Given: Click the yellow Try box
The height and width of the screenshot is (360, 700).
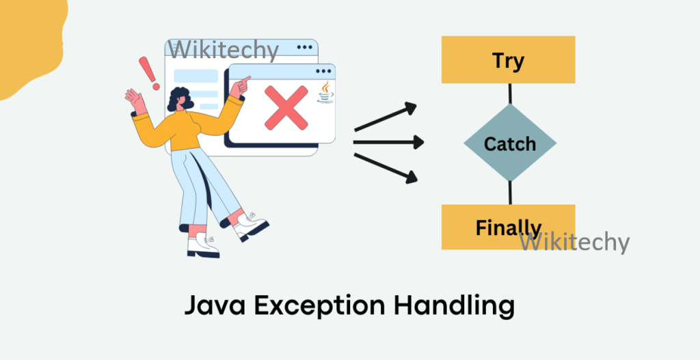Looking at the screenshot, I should pyautogui.click(x=508, y=59).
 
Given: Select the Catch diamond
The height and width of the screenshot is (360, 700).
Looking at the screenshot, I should pyautogui.click(x=509, y=143).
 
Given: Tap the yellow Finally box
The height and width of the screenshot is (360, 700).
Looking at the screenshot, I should pyautogui.click(x=508, y=227).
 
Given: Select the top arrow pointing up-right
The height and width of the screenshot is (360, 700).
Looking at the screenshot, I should pyautogui.click(x=386, y=117).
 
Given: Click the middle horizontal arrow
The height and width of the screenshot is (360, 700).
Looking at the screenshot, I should pyautogui.click(x=388, y=143).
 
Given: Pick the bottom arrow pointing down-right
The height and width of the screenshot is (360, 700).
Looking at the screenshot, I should pyautogui.click(x=386, y=168).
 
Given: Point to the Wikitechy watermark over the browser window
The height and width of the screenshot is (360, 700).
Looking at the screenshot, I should pyautogui.click(x=224, y=49).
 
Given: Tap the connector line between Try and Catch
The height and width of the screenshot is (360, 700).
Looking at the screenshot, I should pyautogui.click(x=509, y=94).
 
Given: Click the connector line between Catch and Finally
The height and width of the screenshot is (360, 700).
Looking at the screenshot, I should pyautogui.click(x=509, y=193).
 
